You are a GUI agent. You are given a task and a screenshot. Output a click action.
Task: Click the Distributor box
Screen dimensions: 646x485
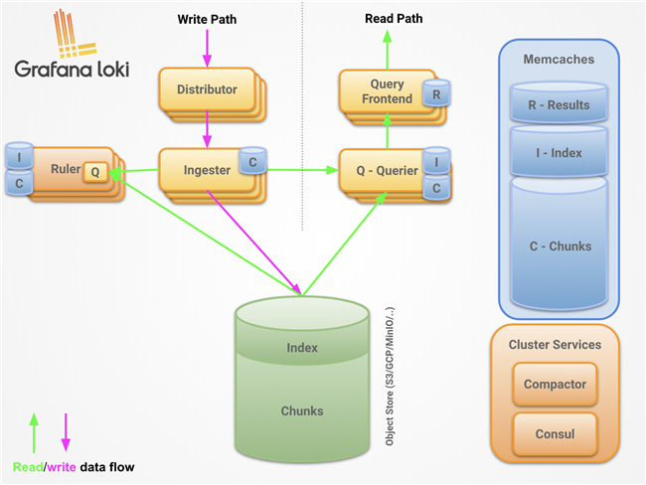coord(207,89)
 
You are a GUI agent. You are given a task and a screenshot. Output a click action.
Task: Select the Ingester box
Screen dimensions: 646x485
coord(207,170)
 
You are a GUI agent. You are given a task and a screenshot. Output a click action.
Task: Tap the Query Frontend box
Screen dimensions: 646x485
coord(387,91)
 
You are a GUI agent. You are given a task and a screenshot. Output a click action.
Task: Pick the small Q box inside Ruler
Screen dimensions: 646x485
coord(95,172)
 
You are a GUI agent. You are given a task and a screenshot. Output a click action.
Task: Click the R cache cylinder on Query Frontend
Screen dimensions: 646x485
coord(436,93)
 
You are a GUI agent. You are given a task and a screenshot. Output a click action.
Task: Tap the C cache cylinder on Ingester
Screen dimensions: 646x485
coord(252,161)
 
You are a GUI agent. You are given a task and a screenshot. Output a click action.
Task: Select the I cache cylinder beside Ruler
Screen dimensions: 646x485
coord(19,156)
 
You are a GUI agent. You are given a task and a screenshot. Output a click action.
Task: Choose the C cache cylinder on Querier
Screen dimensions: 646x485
coord(436,188)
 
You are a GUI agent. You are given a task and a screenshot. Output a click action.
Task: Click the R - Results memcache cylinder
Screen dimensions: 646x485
coord(559,103)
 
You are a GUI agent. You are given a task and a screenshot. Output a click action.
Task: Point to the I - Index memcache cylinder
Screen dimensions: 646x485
coord(559,152)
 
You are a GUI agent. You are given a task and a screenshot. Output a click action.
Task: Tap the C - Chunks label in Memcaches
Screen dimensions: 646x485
coord(561,246)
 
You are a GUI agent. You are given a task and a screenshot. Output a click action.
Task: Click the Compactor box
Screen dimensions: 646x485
coord(555,384)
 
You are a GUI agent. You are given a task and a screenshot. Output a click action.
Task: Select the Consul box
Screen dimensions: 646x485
coord(555,434)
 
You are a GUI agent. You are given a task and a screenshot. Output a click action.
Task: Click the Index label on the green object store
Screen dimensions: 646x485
coord(302,348)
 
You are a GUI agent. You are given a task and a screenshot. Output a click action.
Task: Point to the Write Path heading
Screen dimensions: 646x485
coord(207,19)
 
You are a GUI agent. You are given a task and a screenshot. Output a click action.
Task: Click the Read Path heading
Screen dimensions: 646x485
coord(394,19)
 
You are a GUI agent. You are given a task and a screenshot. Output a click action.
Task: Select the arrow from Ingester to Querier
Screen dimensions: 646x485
coord(302,170)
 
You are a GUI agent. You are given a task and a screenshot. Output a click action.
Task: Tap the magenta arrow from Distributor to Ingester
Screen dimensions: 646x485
coord(207,129)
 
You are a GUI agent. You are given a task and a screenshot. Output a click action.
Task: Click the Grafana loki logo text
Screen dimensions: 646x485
coord(73,69)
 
